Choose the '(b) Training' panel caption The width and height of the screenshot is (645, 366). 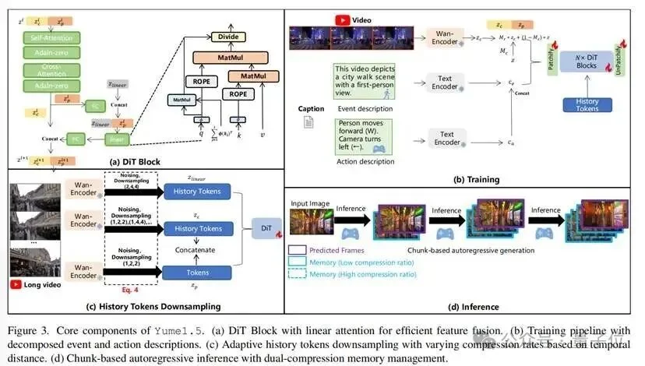(477, 178)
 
